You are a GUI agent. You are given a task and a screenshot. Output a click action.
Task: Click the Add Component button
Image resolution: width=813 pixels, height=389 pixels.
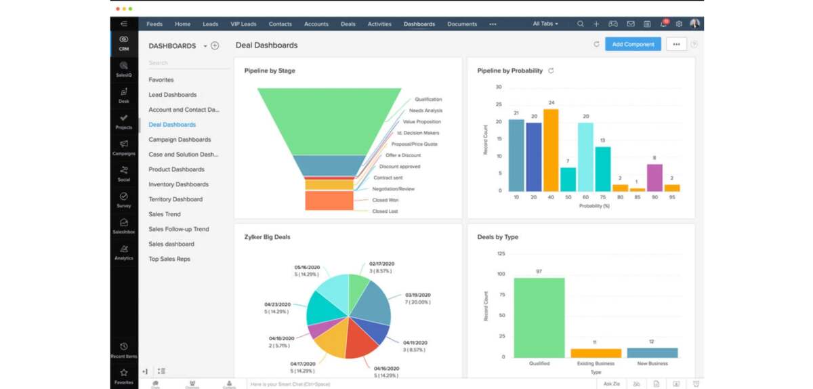pyautogui.click(x=633, y=45)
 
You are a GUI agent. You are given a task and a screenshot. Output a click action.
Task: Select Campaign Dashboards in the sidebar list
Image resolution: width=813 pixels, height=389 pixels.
pyautogui.click(x=180, y=140)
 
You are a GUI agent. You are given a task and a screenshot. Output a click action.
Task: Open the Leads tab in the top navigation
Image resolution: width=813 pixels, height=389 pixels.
pyautogui.click(x=210, y=24)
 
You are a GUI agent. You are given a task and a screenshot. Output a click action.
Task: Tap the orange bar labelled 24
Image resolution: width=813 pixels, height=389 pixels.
pyautogui.click(x=551, y=149)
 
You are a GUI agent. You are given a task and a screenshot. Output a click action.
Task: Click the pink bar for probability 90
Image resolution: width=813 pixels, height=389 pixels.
pyautogui.click(x=654, y=177)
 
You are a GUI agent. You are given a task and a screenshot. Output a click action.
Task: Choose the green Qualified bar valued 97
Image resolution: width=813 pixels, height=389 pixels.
pyautogui.click(x=539, y=317)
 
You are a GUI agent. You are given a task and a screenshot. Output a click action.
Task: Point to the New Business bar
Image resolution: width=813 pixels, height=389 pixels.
pyautogui.click(x=652, y=352)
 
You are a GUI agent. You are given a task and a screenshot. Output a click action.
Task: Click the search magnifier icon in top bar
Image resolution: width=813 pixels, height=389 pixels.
pyautogui.click(x=581, y=24)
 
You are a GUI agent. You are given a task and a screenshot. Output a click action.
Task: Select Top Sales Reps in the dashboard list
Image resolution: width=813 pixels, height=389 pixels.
pyautogui.click(x=169, y=259)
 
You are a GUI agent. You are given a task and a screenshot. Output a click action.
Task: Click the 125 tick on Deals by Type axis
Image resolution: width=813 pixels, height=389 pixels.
pyautogui.click(x=501, y=253)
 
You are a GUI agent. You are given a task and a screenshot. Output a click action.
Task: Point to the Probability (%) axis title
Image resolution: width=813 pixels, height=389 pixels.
pyautogui.click(x=594, y=206)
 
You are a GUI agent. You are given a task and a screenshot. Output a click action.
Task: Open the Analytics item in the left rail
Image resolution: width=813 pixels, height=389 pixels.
pyautogui.click(x=123, y=252)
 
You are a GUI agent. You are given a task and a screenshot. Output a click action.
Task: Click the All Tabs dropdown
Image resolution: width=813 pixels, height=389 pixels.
pyautogui.click(x=545, y=24)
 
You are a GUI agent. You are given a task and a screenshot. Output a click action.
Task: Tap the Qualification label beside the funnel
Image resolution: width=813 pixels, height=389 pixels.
pyautogui.click(x=428, y=100)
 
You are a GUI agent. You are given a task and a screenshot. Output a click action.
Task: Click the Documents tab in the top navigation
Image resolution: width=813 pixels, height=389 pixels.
pyautogui.click(x=462, y=24)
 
